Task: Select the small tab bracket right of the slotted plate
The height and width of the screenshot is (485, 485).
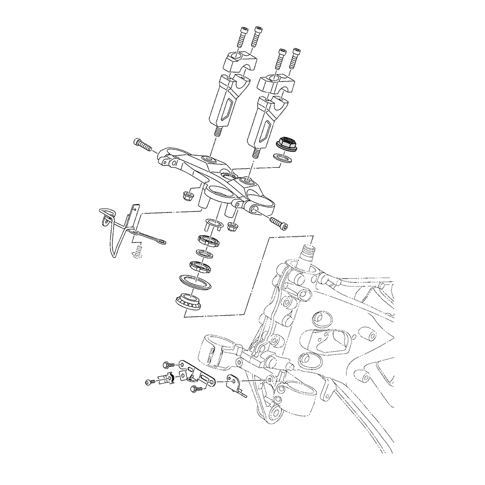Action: click(x=236, y=385)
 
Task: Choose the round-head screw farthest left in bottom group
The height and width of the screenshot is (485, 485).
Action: click(x=149, y=383)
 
